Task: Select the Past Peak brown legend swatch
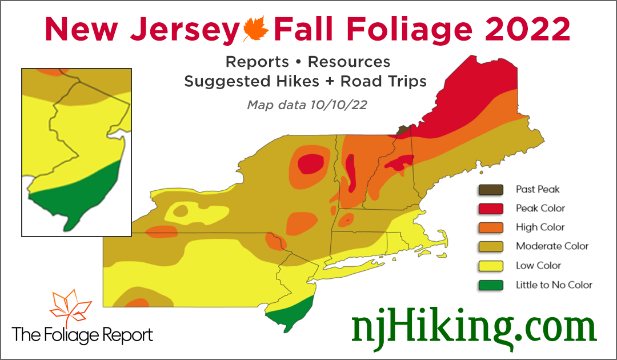point(491,189)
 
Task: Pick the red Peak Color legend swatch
point(491,209)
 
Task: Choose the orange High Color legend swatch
point(491,227)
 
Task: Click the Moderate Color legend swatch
point(491,246)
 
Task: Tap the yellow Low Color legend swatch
point(491,266)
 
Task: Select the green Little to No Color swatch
point(491,285)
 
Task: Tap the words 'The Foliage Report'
point(83,334)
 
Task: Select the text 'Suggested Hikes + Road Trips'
point(305,81)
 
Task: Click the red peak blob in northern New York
point(310,163)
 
